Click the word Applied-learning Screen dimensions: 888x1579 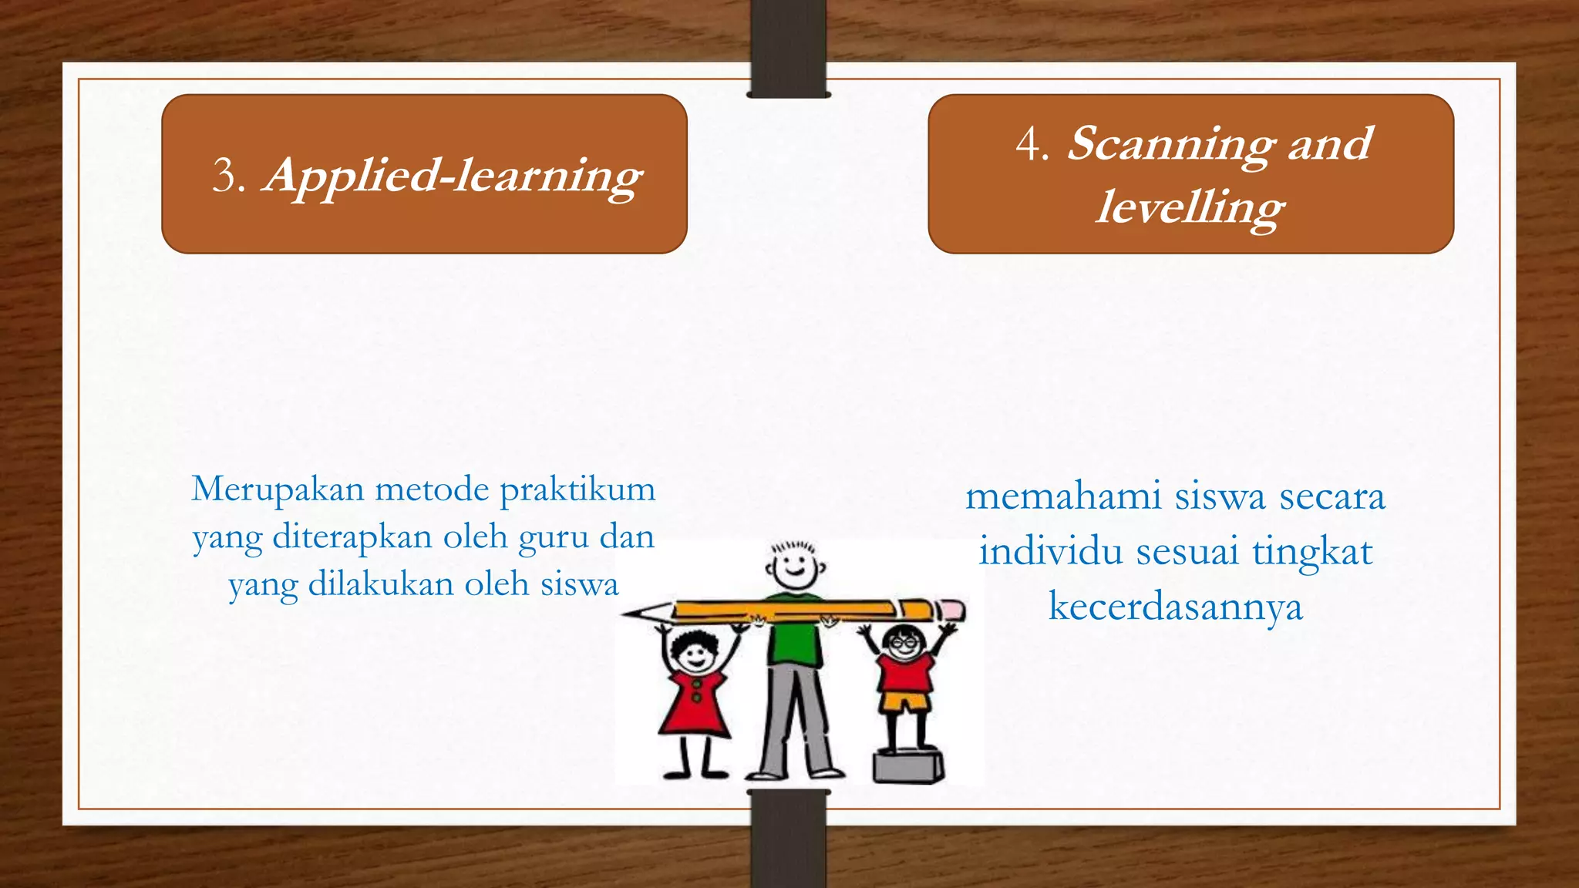pos(453,177)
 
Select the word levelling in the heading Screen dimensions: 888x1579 pos(1190,208)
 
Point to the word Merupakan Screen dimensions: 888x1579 pos(278,489)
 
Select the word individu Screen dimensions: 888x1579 pos(1052,552)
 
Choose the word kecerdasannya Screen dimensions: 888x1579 pos(1175,607)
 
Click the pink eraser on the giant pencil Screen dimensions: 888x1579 pos(954,610)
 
